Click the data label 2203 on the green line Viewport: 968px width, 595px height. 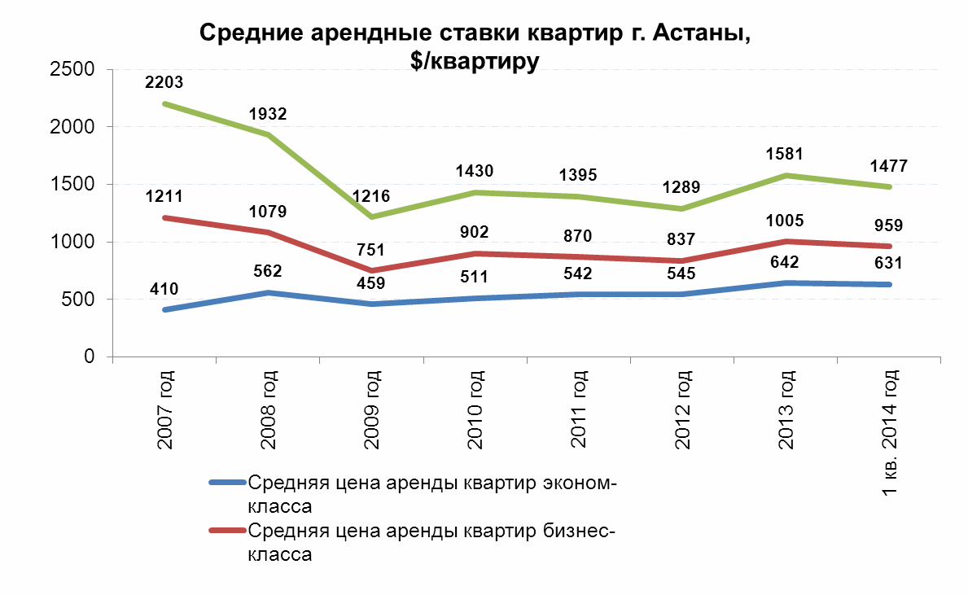point(164,82)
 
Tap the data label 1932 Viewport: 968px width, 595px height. point(269,113)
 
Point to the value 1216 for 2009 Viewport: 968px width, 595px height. point(372,197)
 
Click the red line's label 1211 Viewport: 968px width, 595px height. point(164,196)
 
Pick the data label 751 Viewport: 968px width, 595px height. point(372,250)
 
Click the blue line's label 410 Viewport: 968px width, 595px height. point(164,288)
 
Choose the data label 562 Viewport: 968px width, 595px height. point(269,272)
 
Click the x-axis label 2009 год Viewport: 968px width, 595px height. point(372,409)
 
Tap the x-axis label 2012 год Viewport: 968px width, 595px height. point(683,409)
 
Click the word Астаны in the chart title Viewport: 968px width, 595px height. point(694,33)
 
